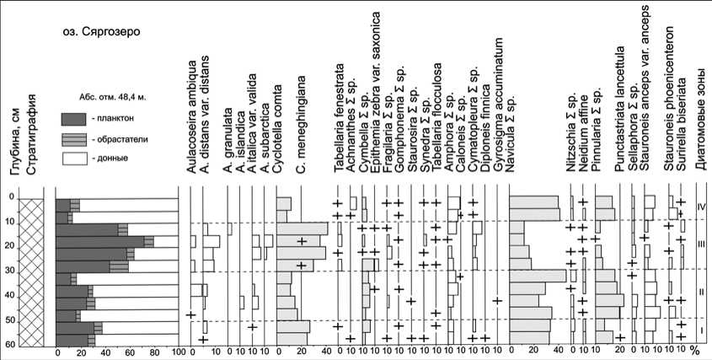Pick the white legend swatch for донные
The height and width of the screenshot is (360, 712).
(x=74, y=158)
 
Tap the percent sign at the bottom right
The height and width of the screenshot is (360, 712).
(x=696, y=350)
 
